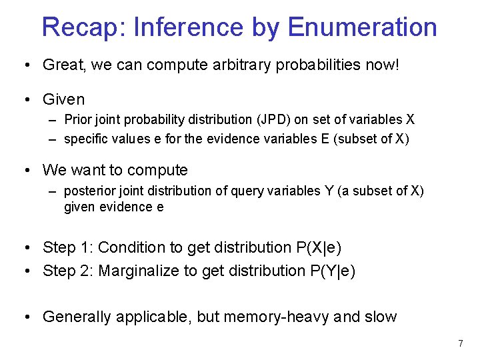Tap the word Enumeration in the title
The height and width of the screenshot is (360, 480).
click(x=363, y=27)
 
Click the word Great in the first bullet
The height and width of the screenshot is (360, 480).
click(x=61, y=65)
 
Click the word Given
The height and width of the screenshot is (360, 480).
click(x=63, y=100)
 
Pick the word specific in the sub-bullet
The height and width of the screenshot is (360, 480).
click(x=86, y=139)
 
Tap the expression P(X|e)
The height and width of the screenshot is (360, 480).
click(x=318, y=248)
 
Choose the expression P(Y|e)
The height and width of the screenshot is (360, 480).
click(x=331, y=271)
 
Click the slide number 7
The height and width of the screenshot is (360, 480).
click(x=460, y=344)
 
